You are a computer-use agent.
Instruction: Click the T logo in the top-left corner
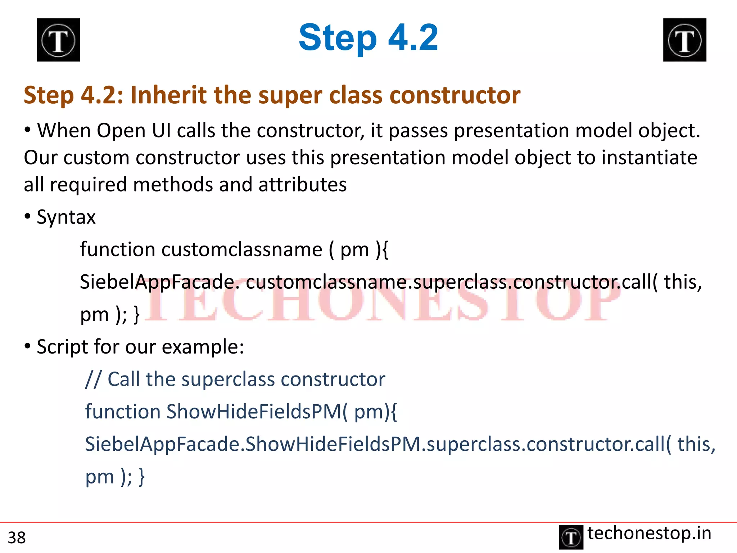click(x=58, y=40)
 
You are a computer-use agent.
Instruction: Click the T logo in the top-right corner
click(x=684, y=40)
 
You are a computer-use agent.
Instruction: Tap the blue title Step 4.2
click(x=368, y=37)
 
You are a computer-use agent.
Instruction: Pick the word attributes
click(x=302, y=185)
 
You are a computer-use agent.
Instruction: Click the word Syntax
click(x=66, y=217)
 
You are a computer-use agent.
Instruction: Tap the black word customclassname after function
click(x=242, y=249)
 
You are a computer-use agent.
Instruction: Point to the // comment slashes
click(x=93, y=379)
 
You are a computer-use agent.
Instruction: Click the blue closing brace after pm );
click(x=142, y=477)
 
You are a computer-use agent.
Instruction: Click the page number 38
click(x=17, y=538)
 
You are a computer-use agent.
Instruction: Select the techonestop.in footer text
click(x=649, y=533)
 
